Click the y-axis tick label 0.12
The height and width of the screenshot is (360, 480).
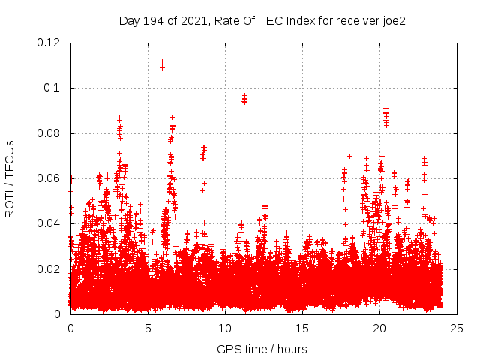point(49,43)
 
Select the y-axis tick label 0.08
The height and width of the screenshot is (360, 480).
point(49,133)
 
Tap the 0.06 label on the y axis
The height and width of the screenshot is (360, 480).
point(49,178)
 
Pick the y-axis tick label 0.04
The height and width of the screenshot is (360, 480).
point(49,223)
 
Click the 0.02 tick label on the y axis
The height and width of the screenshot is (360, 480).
point(49,268)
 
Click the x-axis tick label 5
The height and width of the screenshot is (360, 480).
point(148,328)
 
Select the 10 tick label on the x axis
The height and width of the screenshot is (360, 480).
point(225,328)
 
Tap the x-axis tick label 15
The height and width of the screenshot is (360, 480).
point(302,328)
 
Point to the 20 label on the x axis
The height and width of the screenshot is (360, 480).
point(379,328)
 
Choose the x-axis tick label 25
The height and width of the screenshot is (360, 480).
point(457,328)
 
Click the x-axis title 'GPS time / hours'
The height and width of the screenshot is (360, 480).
point(262,349)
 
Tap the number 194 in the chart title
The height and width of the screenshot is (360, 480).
point(152,21)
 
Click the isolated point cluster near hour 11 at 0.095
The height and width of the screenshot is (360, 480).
point(244,98)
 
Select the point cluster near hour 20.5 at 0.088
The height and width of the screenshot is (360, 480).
point(386,115)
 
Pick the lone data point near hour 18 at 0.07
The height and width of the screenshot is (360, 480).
point(349,156)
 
